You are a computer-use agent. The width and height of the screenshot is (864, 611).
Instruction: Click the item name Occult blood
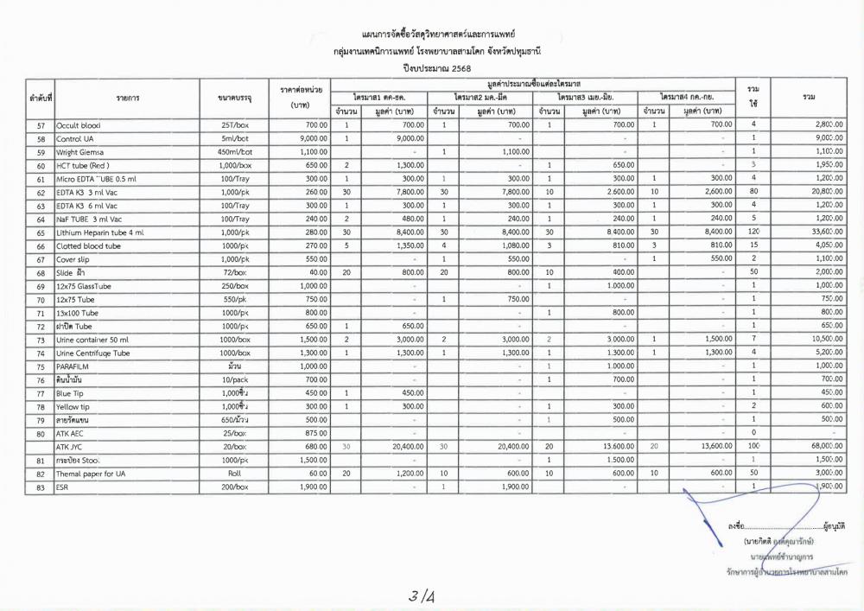[79, 125]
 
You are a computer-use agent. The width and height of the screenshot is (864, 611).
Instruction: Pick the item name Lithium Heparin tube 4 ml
[100, 232]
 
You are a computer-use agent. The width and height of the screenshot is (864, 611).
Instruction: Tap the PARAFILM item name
[77, 366]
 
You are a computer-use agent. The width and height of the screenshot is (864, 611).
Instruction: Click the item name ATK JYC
[71, 447]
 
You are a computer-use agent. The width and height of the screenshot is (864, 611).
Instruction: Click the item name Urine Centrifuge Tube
[92, 353]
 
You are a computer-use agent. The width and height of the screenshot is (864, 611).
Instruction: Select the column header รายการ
[127, 99]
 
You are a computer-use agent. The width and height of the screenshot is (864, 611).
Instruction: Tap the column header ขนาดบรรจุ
[235, 99]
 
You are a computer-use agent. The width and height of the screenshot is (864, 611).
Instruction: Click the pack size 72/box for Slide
[235, 272]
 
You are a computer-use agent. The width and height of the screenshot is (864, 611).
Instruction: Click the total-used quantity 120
[753, 232]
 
